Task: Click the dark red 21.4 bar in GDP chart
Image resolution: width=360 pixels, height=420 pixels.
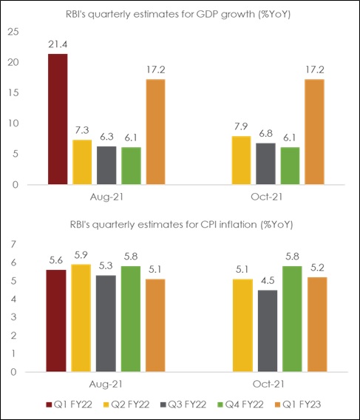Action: tap(56, 119)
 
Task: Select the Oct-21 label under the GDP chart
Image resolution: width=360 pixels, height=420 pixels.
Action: tap(262, 199)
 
